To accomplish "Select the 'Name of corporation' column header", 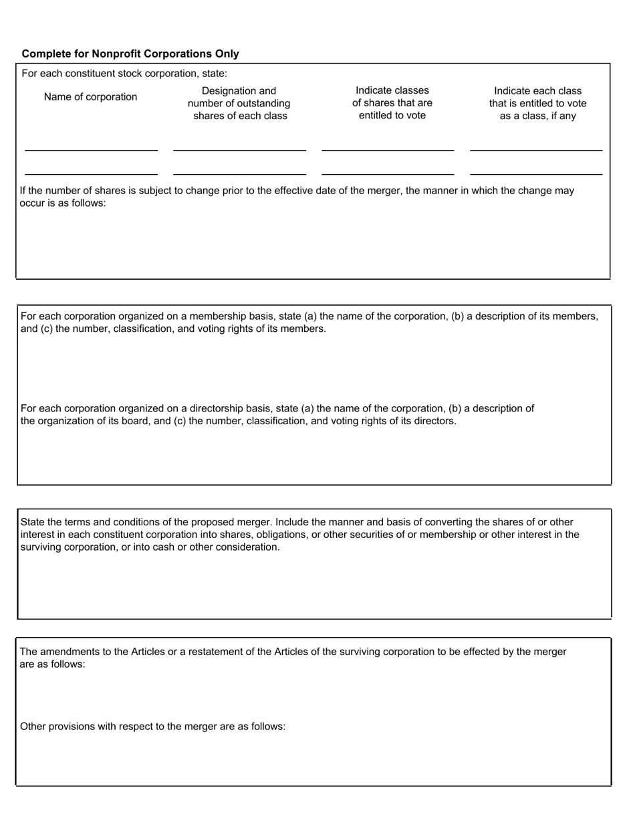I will (x=90, y=97).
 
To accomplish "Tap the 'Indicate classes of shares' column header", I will (x=392, y=103).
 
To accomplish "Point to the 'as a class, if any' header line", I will (x=537, y=116).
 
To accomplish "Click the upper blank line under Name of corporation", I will (x=91, y=150).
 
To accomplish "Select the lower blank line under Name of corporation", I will (x=91, y=173).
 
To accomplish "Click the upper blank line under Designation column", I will (x=239, y=150).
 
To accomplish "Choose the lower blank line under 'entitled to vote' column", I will (x=388, y=173).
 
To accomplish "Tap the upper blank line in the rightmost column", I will (x=536, y=150).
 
